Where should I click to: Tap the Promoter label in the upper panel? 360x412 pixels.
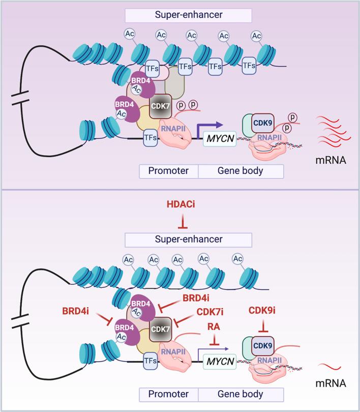pos(168,170)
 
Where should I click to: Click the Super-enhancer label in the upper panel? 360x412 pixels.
pos(189,15)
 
